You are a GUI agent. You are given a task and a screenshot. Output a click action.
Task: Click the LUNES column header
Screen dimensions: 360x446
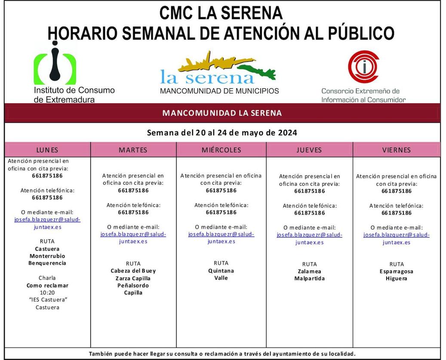(x=47, y=150)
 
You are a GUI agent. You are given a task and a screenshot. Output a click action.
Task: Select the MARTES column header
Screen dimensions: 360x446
(x=133, y=150)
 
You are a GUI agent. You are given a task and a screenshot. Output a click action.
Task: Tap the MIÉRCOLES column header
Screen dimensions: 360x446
(x=221, y=150)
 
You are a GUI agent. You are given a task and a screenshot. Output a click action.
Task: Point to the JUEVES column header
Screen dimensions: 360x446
(x=309, y=150)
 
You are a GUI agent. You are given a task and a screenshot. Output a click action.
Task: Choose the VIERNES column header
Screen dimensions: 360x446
(x=396, y=150)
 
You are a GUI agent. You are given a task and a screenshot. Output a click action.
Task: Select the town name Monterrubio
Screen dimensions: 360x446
(x=47, y=256)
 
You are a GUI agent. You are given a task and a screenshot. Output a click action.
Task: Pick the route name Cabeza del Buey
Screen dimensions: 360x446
(x=133, y=271)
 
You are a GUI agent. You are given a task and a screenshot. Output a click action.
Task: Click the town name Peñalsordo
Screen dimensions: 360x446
(x=133, y=286)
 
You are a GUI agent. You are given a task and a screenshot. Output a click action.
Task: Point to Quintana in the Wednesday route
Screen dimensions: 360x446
(x=221, y=271)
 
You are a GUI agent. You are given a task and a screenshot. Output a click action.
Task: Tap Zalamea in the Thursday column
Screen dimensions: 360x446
(x=309, y=271)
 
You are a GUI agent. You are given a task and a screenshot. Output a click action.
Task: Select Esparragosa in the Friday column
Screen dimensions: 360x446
(x=397, y=271)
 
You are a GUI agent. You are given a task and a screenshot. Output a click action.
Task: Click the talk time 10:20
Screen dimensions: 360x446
(x=47, y=292)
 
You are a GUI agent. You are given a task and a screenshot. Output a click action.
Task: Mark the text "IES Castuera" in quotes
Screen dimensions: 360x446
(x=47, y=300)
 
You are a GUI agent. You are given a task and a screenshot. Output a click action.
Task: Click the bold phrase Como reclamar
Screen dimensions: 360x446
(x=47, y=285)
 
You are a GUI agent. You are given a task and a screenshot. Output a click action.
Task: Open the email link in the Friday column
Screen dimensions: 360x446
(x=397, y=238)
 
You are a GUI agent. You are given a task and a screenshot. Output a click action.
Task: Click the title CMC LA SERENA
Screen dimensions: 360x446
(x=221, y=13)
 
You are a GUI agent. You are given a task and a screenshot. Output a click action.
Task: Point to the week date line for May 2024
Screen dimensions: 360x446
(x=222, y=132)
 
